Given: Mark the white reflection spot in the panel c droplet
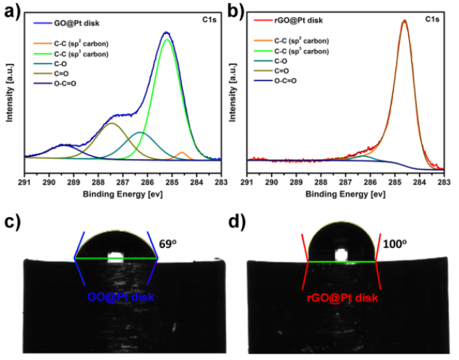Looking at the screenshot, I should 115,256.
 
